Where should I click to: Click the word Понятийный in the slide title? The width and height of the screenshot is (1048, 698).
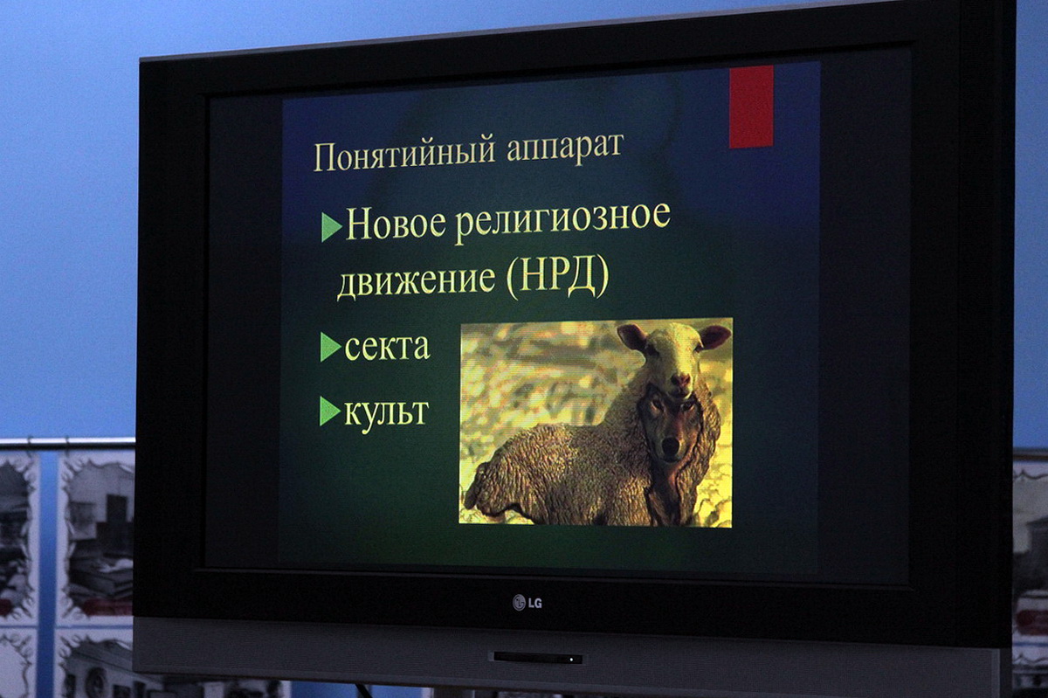coord(404,154)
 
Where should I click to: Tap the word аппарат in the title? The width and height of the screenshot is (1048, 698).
coord(565,148)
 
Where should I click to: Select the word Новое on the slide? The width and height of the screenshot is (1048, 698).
coord(396,224)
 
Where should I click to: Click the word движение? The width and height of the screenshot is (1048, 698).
coord(416,280)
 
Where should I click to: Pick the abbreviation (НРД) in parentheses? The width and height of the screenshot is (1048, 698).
coord(558,277)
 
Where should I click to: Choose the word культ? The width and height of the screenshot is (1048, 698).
coord(386,411)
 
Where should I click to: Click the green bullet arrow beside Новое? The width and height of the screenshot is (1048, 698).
coord(331,227)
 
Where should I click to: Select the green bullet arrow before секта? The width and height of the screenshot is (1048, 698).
coord(330,347)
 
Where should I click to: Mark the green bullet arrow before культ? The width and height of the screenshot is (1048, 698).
coord(329,411)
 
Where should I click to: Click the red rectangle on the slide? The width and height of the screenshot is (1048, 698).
coord(751,107)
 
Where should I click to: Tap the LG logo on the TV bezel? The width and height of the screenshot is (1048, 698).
coord(527,603)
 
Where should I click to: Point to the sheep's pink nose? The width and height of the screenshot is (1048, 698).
coord(680,378)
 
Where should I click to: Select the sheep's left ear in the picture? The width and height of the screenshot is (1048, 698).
coord(631,336)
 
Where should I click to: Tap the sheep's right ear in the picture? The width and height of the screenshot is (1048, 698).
coord(714,336)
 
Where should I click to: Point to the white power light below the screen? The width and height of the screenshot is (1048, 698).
coord(571,660)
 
